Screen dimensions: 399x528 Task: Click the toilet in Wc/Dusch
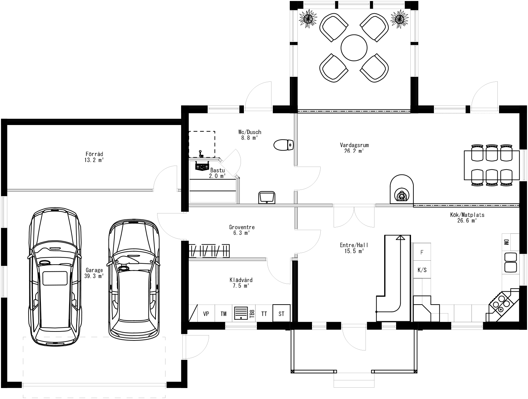click(283, 145)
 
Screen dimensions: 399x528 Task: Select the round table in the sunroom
click(354, 48)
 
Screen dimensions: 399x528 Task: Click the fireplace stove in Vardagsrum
click(401, 194)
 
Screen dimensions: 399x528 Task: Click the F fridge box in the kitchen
click(422, 252)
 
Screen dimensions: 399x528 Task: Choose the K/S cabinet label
click(422, 270)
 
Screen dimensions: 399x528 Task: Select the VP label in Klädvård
click(206, 314)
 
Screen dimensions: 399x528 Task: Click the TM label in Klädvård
click(223, 314)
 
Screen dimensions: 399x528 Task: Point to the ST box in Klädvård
click(281, 313)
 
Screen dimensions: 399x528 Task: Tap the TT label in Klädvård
click(264, 314)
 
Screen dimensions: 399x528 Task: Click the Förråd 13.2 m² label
click(94, 157)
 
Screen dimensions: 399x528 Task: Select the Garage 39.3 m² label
click(94, 273)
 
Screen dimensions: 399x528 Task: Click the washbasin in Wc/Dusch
click(266, 197)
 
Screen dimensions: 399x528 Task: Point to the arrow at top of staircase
click(400, 237)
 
